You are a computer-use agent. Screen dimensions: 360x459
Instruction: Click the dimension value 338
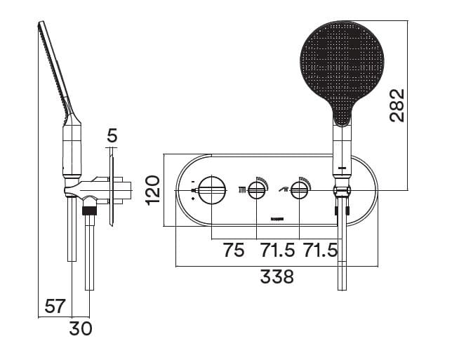click(277, 276)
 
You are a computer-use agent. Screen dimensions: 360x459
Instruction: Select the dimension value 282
click(397, 105)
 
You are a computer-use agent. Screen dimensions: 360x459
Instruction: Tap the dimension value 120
click(153, 189)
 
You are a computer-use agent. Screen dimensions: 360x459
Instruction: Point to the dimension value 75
click(233, 250)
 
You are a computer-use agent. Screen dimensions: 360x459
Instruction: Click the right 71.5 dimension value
click(320, 250)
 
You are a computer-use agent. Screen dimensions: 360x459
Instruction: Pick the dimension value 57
click(55, 306)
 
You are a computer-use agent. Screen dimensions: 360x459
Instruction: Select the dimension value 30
click(81, 327)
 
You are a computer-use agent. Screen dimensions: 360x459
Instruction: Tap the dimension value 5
click(112, 135)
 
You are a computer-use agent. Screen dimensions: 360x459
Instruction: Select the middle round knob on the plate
click(257, 189)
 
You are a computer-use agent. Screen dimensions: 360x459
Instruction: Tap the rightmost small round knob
click(300, 189)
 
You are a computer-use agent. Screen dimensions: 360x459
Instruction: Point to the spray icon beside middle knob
click(243, 189)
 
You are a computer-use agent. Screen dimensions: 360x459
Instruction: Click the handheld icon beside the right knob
click(284, 188)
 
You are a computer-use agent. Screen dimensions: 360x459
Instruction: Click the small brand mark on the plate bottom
click(277, 219)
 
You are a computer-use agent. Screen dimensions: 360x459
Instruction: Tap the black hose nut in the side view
click(88, 209)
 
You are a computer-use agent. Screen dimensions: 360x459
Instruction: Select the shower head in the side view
click(56, 70)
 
